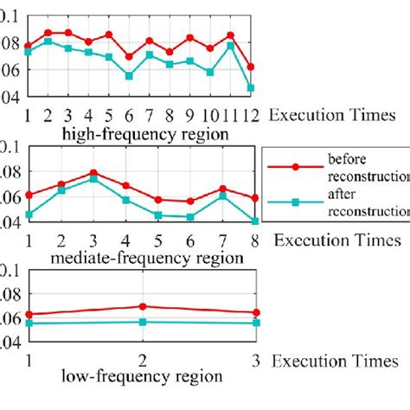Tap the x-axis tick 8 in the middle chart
tap(254, 239)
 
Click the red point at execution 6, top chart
tap(129, 57)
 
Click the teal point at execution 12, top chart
tap(250, 87)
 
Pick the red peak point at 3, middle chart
tap(93, 173)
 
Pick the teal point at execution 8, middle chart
tap(254, 221)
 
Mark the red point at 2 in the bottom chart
tap(141, 306)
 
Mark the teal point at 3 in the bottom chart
tap(254, 323)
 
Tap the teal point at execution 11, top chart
tap(230, 45)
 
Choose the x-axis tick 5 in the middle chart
tap(157, 239)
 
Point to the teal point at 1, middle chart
tap(29, 215)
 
